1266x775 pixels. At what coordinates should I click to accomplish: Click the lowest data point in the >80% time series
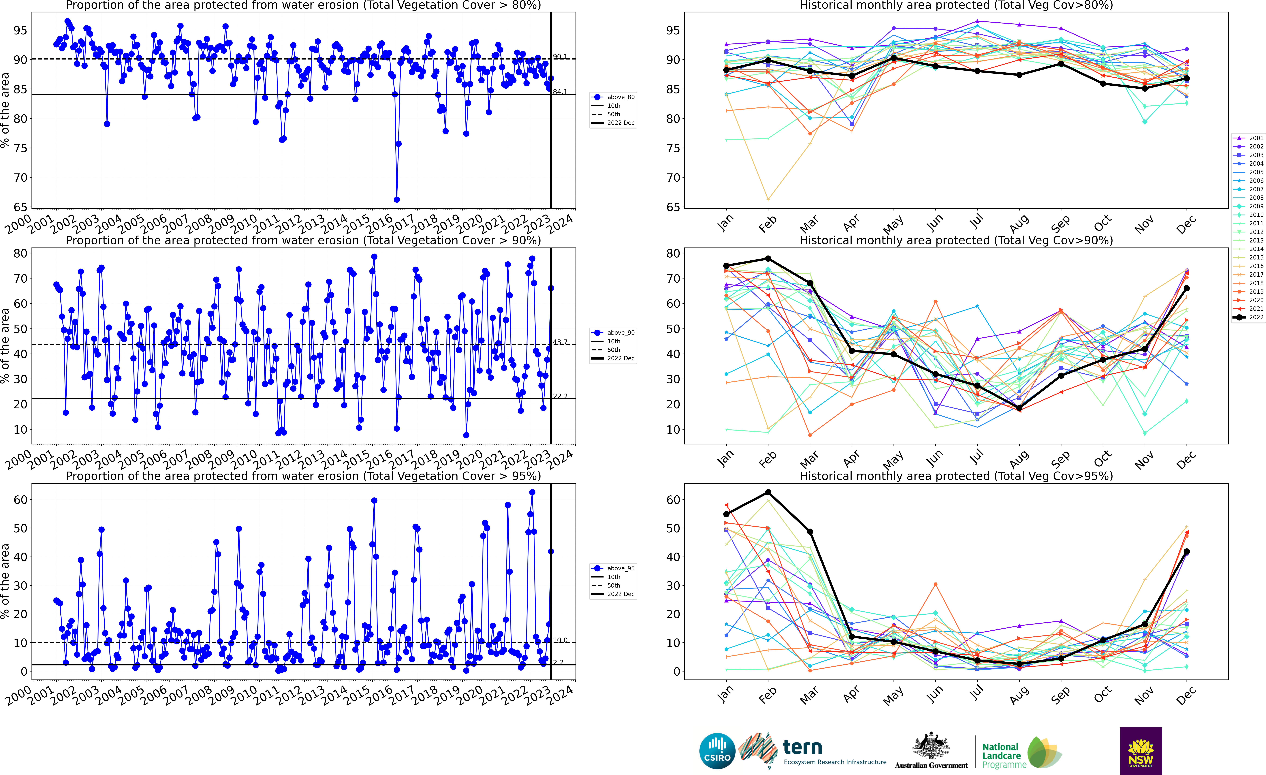point(397,199)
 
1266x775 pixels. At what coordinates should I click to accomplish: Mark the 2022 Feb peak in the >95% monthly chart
point(768,492)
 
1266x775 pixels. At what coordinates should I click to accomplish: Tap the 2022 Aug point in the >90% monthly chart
point(1019,408)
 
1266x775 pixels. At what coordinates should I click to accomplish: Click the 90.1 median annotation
point(560,57)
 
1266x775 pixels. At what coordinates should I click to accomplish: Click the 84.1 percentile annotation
point(560,92)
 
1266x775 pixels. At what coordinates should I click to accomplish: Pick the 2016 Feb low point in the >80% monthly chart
point(768,199)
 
